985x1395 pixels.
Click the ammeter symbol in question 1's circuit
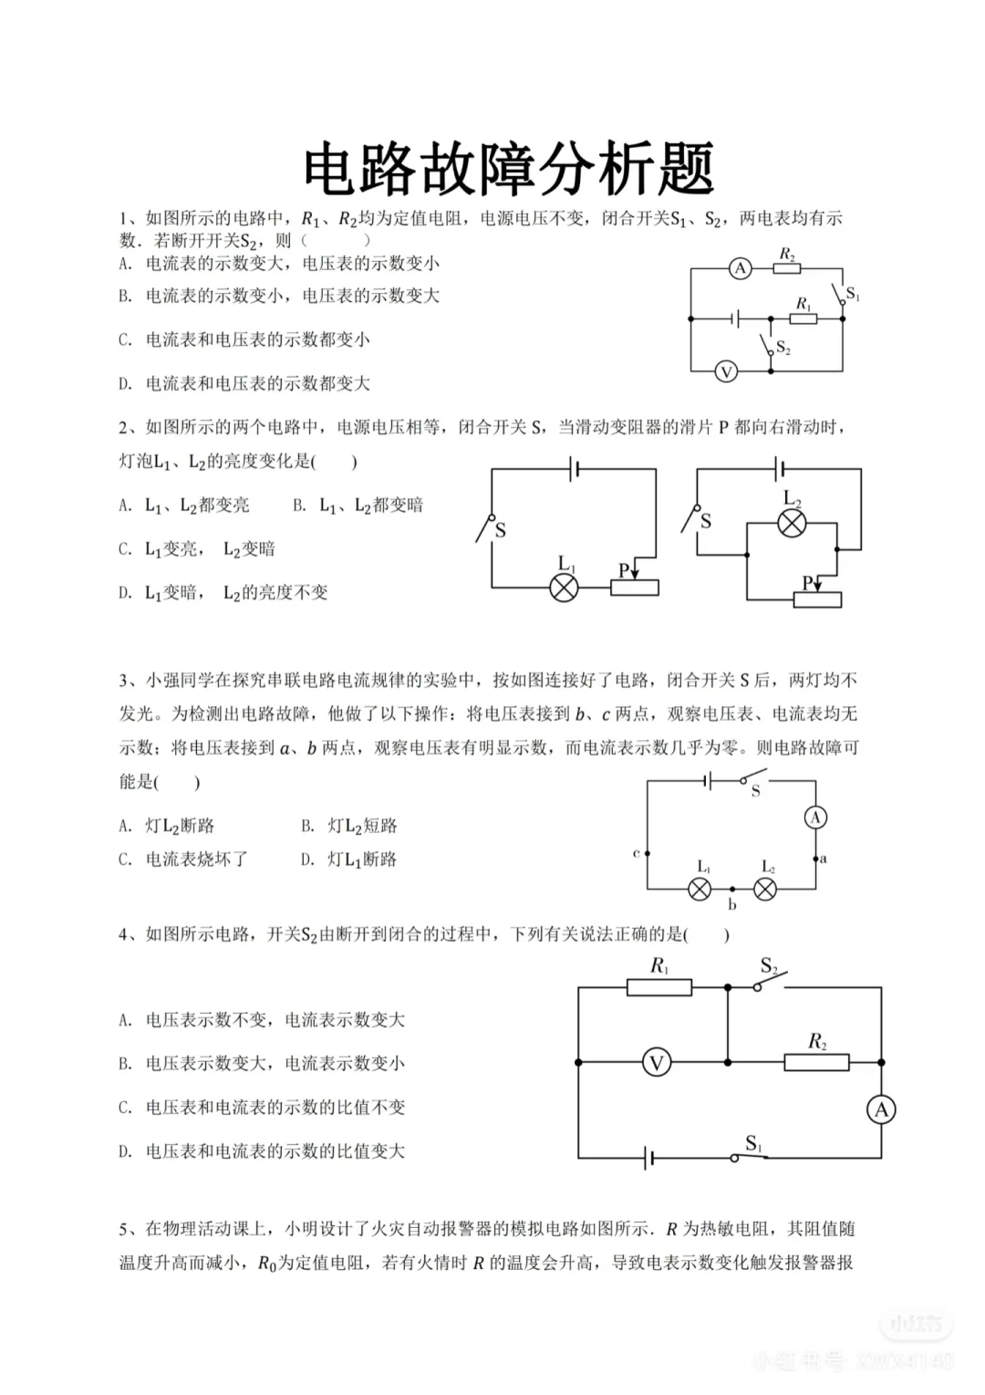coord(740,268)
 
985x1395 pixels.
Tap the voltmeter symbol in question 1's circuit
coord(726,371)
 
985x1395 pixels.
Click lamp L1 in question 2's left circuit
coord(565,588)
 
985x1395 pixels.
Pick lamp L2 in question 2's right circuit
coord(791,524)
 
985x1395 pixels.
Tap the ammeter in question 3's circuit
coord(815,817)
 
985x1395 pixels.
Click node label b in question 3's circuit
coord(731,905)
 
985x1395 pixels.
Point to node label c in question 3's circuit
coord(636,853)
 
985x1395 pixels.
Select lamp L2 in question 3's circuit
coord(765,889)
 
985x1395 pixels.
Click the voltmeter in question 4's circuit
coord(656,1062)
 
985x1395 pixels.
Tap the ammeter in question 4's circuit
coord(880,1109)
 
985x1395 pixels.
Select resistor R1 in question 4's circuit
coord(659,986)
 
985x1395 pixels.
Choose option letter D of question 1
coord(125,384)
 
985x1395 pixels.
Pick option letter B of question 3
coord(307,826)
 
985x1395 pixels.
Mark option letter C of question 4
coord(125,1108)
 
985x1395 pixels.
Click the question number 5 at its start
coord(123,1229)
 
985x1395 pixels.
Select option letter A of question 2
coord(125,505)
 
